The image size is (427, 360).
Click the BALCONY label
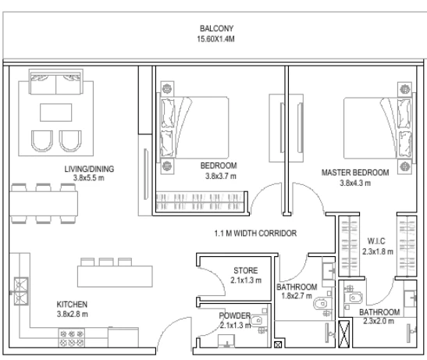click(216, 28)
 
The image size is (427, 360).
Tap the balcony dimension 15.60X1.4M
click(215, 39)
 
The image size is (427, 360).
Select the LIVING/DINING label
click(89, 169)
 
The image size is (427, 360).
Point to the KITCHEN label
click(72, 304)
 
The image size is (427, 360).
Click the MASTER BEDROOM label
click(355, 173)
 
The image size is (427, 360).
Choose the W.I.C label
click(376, 241)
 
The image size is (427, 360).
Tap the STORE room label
click(246, 270)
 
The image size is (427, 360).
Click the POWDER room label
click(234, 315)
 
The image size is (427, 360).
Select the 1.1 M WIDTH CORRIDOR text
click(255, 233)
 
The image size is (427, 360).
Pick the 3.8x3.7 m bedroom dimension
click(221, 176)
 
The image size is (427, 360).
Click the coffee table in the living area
click(56, 112)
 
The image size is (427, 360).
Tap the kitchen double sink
click(21, 291)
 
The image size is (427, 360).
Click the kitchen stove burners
click(72, 338)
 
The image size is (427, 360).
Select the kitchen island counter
click(115, 276)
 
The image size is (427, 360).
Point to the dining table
click(44, 204)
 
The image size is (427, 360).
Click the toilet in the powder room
click(256, 321)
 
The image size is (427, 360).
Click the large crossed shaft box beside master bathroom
click(344, 334)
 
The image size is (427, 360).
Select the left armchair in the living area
click(42, 141)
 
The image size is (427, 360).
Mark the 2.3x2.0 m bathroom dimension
click(379, 321)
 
